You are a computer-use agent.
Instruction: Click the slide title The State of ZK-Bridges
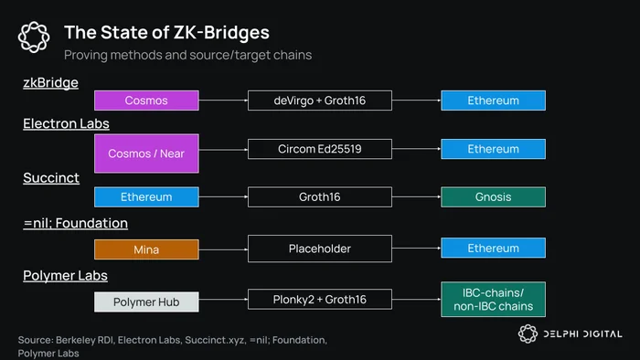166,33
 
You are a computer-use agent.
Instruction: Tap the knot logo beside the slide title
34,37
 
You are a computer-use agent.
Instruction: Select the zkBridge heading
50,83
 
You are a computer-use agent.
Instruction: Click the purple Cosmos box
146,101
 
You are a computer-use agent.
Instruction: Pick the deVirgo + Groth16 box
320,101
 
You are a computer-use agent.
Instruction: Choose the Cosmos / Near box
146,154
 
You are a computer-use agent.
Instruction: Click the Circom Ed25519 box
320,149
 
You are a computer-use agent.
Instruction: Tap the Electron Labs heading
66,123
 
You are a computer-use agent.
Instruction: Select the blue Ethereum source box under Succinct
146,197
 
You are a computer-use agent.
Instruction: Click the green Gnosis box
493,197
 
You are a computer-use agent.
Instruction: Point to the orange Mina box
146,249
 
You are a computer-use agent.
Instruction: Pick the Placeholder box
320,249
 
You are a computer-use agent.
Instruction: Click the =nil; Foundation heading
76,223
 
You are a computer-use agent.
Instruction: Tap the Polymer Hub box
146,302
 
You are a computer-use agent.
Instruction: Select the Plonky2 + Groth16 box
320,300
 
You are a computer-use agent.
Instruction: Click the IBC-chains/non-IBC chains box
493,300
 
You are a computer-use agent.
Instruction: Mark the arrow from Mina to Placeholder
223,249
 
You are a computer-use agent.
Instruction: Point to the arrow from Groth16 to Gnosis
416,197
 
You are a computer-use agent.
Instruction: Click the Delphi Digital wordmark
582,334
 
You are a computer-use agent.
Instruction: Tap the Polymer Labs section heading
65,276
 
